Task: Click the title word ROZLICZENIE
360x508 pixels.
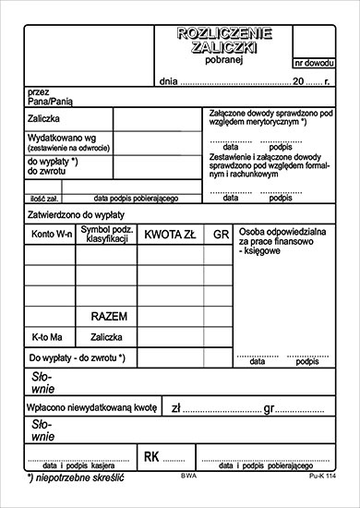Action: pyautogui.click(x=225, y=34)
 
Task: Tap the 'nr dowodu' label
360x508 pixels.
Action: pyautogui.click(x=314, y=64)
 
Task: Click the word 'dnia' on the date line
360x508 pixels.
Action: pyautogui.click(x=166, y=82)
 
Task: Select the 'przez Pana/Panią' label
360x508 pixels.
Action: pyautogui.click(x=50, y=97)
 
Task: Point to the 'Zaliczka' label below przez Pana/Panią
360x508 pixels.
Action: pyautogui.click(x=44, y=120)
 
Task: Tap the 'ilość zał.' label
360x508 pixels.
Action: pyautogui.click(x=44, y=198)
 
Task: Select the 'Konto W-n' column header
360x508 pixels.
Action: pyautogui.click(x=52, y=235)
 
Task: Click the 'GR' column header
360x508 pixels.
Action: pyautogui.click(x=220, y=235)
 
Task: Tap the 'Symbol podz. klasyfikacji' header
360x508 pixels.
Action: pyautogui.click(x=106, y=234)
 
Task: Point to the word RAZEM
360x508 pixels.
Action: pyautogui.click(x=109, y=316)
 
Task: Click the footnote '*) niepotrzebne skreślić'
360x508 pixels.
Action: pyautogui.click(x=76, y=478)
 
